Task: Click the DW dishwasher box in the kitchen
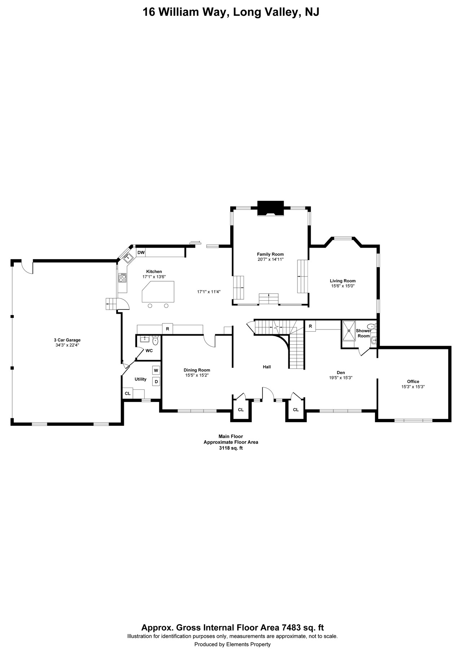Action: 141,252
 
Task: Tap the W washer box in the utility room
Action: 156,370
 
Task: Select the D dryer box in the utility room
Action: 156,381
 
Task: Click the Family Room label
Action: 270,254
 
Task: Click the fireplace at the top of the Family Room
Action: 270,208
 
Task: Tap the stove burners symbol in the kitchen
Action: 123,278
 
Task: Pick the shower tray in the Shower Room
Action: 349,330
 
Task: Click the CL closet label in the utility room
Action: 127,393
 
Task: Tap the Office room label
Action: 413,381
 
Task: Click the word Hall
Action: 267,367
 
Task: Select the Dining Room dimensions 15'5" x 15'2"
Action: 197,375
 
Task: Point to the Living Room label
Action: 343,281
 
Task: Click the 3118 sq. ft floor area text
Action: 231,448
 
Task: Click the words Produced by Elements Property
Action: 232,644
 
